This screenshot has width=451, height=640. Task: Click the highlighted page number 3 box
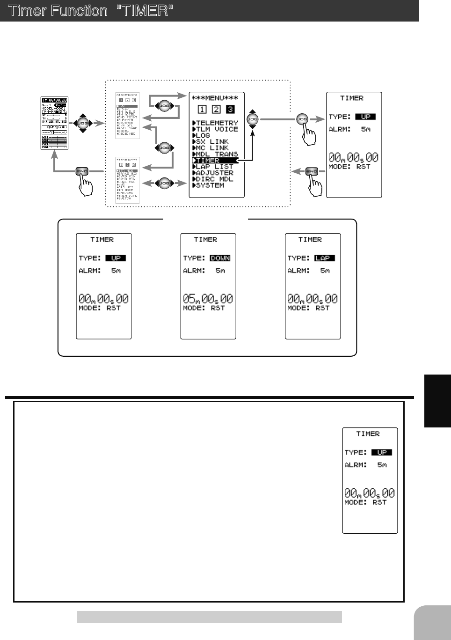(x=230, y=110)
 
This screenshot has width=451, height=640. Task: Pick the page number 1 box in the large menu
(x=202, y=110)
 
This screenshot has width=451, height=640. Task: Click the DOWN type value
(x=220, y=258)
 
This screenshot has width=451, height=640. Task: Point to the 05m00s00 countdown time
(x=208, y=299)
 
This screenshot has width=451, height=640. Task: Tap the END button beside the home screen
(x=82, y=172)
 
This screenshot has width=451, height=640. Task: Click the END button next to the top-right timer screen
(x=312, y=172)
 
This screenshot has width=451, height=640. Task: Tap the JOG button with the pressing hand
(x=302, y=119)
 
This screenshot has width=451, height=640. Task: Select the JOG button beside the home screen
(x=83, y=124)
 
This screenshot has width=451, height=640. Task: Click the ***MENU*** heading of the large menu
(x=215, y=98)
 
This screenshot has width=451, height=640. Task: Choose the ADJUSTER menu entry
(x=214, y=173)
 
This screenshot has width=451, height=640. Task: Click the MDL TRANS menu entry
(x=217, y=154)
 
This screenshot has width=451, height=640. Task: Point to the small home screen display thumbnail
(x=55, y=124)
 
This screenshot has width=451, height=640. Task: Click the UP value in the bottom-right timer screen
(x=382, y=452)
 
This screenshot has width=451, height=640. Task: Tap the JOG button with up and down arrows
(x=253, y=119)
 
